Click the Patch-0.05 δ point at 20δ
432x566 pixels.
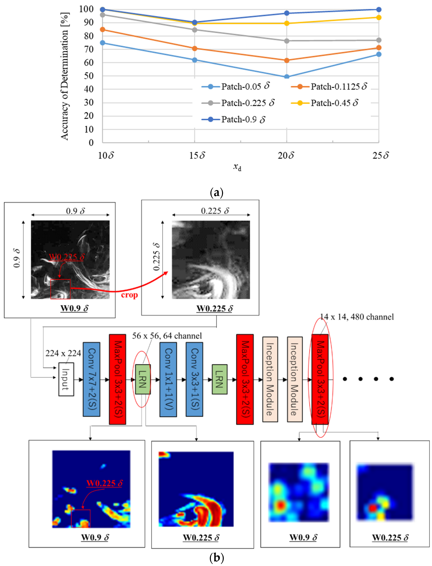pyautogui.click(x=287, y=77)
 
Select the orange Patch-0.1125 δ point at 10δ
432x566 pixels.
pyautogui.click(x=102, y=30)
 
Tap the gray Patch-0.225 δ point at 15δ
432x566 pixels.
pyautogui.click(x=194, y=30)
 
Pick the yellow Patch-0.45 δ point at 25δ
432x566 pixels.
pyautogui.click(x=379, y=18)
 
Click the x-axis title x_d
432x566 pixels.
pyautogui.click(x=237, y=167)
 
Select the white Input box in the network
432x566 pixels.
pyautogui.click(x=66, y=379)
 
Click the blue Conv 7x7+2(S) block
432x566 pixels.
pyautogui.click(x=91, y=379)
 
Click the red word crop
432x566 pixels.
pyautogui.click(x=129, y=295)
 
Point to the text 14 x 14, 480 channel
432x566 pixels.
pyautogui.click(x=357, y=317)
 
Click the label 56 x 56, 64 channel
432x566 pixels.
pyautogui.click(x=167, y=336)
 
